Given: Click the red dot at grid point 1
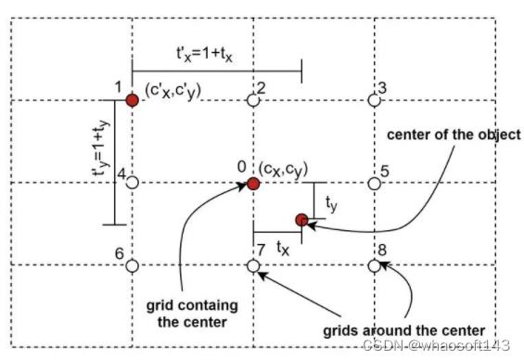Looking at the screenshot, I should pyautogui.click(x=133, y=100).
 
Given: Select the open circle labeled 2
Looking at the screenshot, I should pyautogui.click(x=254, y=100).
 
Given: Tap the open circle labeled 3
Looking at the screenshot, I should pyautogui.click(x=374, y=100).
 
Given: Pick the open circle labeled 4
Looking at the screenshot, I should pyautogui.click(x=133, y=183).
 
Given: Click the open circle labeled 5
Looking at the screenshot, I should pyautogui.click(x=374, y=183).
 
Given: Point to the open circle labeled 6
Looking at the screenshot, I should pyautogui.click(x=133, y=265).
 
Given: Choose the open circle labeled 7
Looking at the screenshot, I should pyautogui.click(x=254, y=265).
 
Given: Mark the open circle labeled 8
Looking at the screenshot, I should pyautogui.click(x=374, y=265).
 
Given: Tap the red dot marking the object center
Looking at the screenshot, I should pyautogui.click(x=300, y=220).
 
